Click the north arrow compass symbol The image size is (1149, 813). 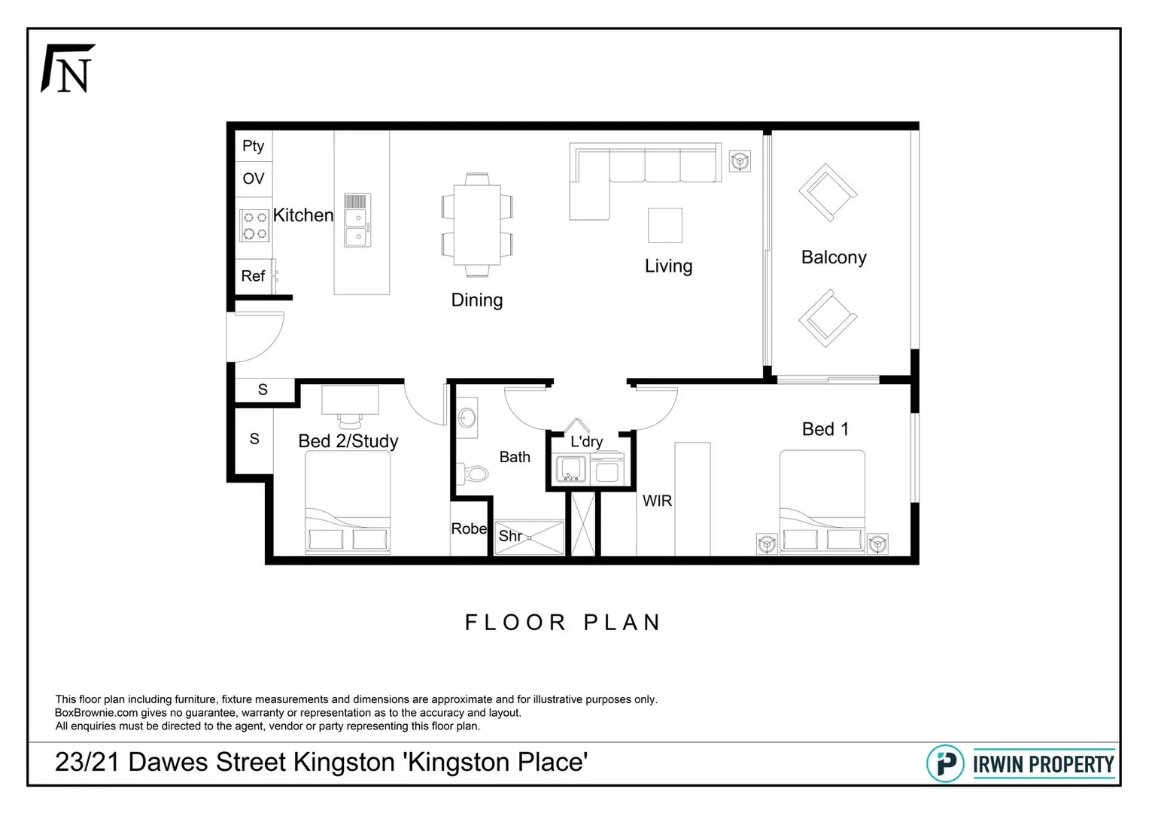pos(68,69)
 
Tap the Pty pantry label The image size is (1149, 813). pos(253,146)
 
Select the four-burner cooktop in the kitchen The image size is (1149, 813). pos(254,225)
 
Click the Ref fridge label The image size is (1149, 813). pos(253,276)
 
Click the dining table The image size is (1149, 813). pos(477,225)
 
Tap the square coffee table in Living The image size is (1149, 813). pos(665,225)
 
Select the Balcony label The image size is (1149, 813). pos(834,257)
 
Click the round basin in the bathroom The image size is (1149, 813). pos(467,417)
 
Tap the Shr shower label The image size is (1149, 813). pos(510,536)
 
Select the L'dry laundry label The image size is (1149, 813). pos(586,442)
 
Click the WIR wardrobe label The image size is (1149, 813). pos(657,501)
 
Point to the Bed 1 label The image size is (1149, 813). pos(825,429)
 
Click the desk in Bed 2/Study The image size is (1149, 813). pos(350,400)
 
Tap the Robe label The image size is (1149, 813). pos(469,529)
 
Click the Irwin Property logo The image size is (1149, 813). pos(1020,764)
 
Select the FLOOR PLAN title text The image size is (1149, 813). pos(563,623)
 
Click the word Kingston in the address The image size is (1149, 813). pos(343,762)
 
